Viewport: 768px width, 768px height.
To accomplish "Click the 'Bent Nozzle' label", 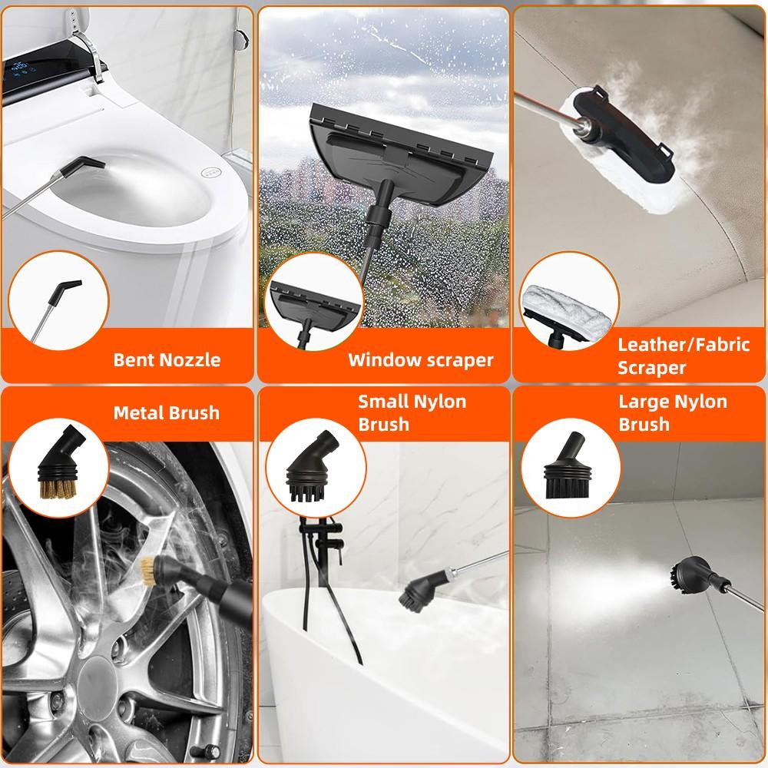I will click(x=167, y=359).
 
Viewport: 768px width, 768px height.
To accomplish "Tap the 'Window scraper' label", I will click(x=420, y=359).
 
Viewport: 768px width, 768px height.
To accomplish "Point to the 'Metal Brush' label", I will click(x=167, y=412).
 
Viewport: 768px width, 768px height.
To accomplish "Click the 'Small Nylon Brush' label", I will click(x=412, y=412).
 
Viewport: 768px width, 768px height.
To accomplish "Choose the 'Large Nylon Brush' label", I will click(x=673, y=412).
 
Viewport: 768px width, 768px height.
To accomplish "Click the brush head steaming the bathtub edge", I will click(x=419, y=590).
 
